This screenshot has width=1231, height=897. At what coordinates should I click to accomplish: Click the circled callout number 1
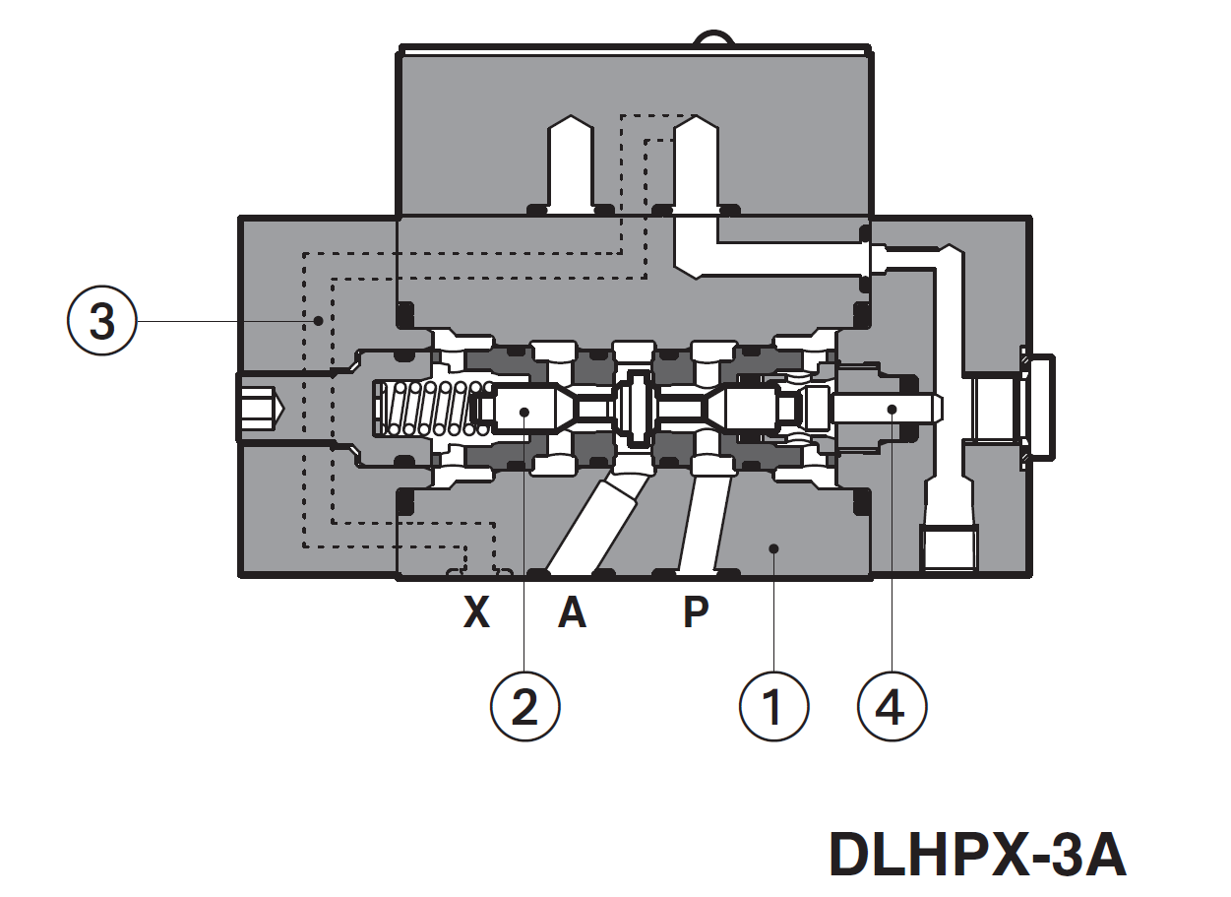(773, 707)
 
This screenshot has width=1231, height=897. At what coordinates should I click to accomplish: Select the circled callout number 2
(525, 707)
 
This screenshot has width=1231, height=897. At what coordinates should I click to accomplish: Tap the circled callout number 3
(102, 322)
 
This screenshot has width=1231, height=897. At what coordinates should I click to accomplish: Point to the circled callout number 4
(892, 707)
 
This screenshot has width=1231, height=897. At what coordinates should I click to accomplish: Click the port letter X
(476, 613)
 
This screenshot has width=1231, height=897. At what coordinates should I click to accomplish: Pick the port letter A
(572, 613)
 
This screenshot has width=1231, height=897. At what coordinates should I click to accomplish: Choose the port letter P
(696, 613)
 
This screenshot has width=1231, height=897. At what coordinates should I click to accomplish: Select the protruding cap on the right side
(1037, 407)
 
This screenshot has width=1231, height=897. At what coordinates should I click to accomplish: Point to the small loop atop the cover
(712, 39)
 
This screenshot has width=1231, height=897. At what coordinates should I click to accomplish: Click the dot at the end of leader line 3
(318, 322)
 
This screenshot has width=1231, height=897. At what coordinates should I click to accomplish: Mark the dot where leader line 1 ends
(774, 547)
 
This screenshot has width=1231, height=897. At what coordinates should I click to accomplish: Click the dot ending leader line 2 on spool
(525, 411)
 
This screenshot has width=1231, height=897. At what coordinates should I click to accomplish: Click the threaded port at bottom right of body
(950, 547)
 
